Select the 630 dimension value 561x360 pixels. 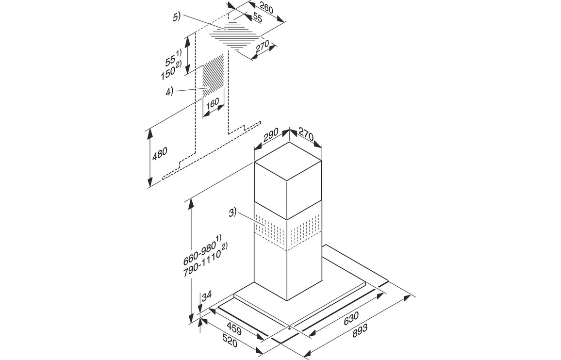tap(351, 318)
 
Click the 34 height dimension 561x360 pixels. tap(207, 295)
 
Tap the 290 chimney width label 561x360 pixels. tap(271, 137)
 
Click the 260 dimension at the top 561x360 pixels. tap(266, 8)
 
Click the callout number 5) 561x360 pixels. tap(177, 17)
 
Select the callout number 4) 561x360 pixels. tap(169, 91)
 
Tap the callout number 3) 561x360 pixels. tap(233, 213)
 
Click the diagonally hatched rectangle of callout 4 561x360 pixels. tap(214, 76)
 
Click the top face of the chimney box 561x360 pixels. tap(288, 161)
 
